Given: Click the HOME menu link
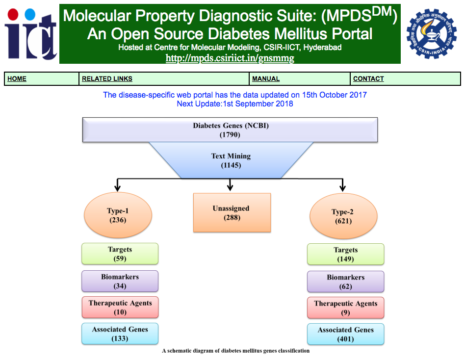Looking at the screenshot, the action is click(x=17, y=78).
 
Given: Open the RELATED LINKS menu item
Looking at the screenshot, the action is click(x=107, y=78).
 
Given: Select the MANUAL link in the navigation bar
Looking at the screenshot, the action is click(x=266, y=78).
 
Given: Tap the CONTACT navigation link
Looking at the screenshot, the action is click(x=368, y=78).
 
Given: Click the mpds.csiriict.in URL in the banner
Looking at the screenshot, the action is click(x=230, y=58).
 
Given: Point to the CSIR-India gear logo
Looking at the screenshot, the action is click(x=432, y=33).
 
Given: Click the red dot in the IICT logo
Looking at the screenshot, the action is click(x=13, y=15).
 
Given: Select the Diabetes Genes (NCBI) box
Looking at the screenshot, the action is click(x=230, y=130).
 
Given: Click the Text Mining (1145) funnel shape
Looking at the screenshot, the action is click(x=231, y=160).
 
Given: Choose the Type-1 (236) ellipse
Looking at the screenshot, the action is click(x=118, y=215).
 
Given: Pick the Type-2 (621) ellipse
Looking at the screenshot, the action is click(x=343, y=216).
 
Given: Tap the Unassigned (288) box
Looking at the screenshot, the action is click(x=232, y=213).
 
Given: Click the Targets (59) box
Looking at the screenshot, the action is click(x=120, y=254).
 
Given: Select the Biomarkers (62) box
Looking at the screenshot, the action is click(x=345, y=282).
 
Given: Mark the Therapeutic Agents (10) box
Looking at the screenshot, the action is click(x=120, y=307).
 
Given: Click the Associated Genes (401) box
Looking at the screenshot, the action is click(x=345, y=334).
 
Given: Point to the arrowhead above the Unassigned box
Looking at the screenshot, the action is click(x=230, y=187).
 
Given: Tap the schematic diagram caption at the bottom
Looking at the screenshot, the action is click(x=236, y=351).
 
